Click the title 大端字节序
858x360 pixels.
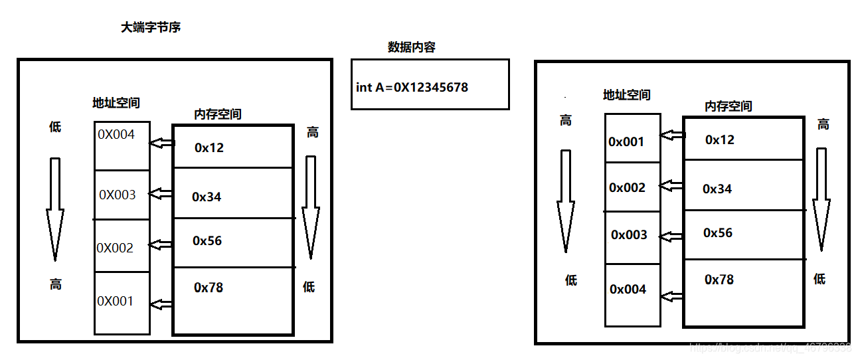(x=150, y=28)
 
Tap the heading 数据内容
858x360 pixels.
(x=412, y=48)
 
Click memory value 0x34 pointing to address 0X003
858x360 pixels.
(x=207, y=197)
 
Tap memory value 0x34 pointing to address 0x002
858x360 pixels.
(x=717, y=189)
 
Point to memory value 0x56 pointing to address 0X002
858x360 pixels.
(x=207, y=240)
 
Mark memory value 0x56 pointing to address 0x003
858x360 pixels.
(x=718, y=232)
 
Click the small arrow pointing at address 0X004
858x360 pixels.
(x=162, y=143)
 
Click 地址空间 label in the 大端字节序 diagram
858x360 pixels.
(x=116, y=103)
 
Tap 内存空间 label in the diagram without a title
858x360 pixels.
(x=728, y=106)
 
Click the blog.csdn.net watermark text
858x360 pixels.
(x=770, y=347)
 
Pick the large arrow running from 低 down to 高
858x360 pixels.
(x=55, y=209)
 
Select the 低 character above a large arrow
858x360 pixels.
(x=55, y=127)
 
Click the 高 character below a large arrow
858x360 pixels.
(x=55, y=284)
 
